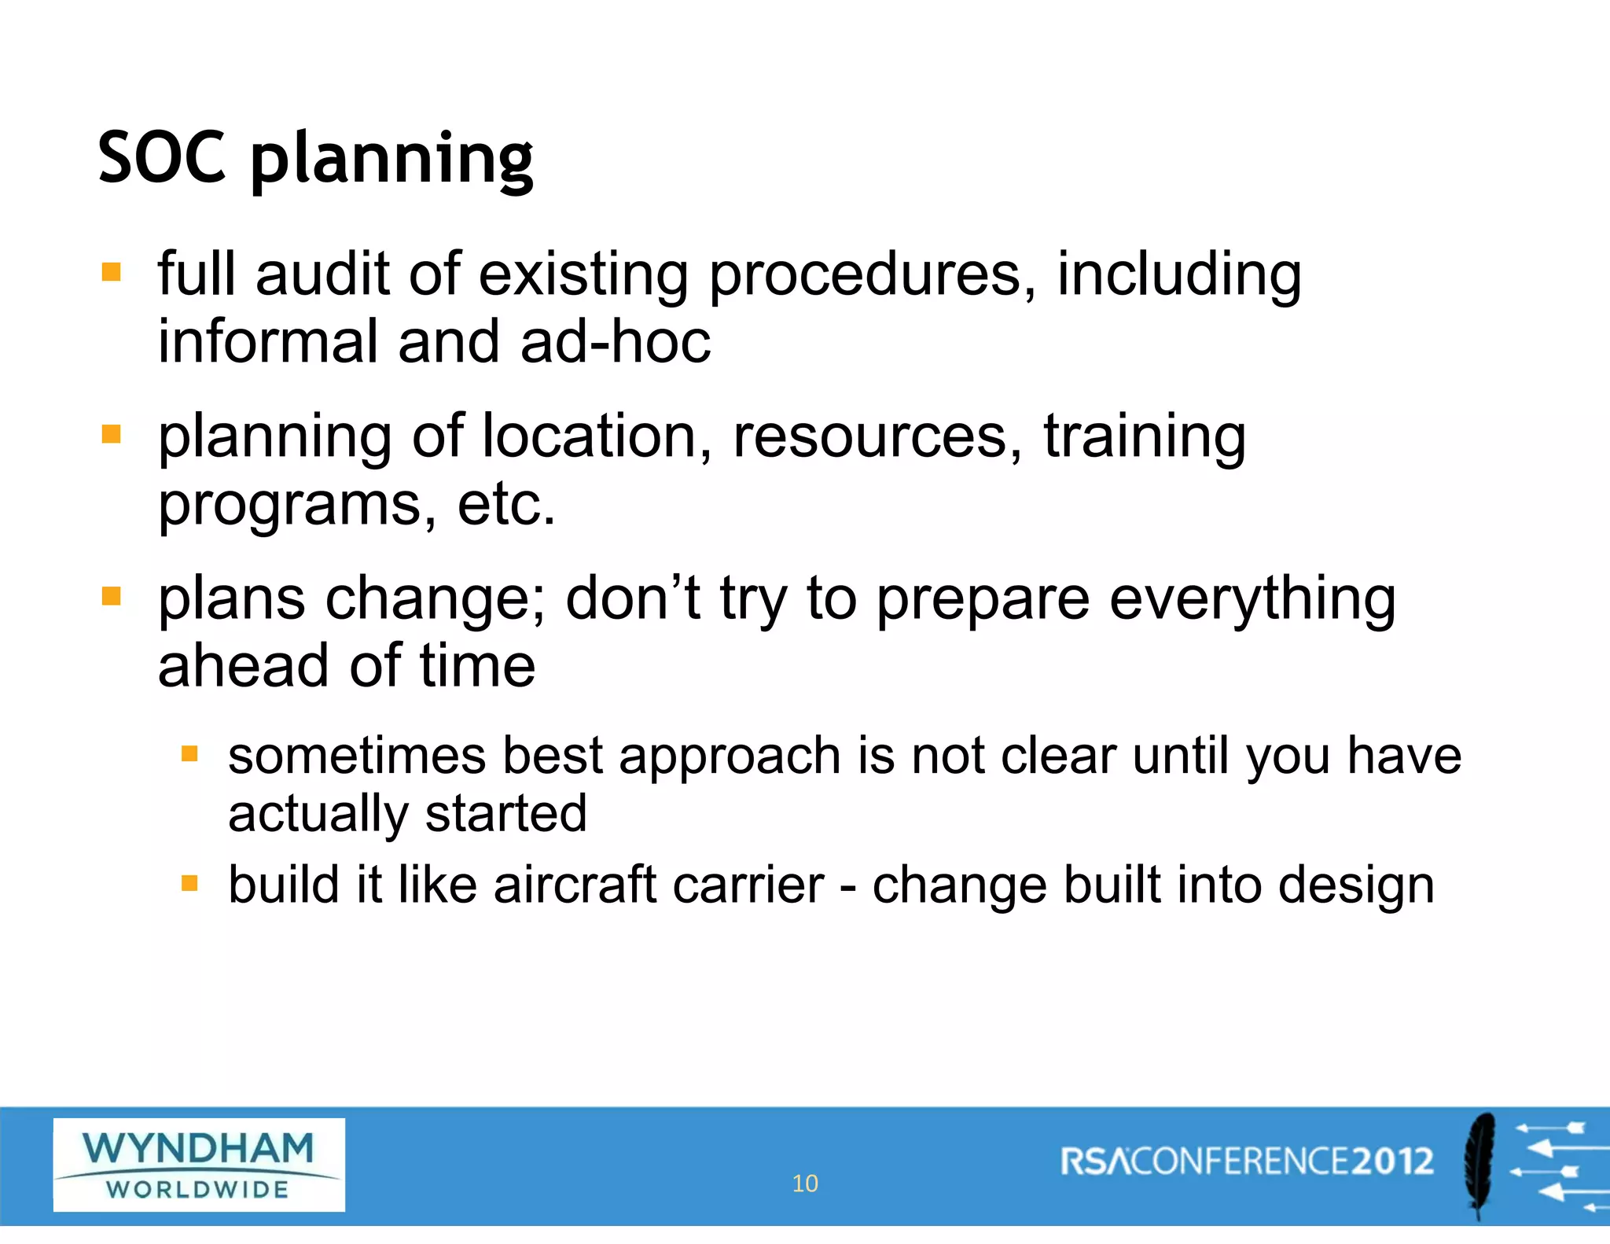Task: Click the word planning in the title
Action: pyautogui.click(x=391, y=160)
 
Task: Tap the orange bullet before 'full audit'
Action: pyautogui.click(x=112, y=272)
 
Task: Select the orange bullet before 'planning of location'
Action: pyautogui.click(x=112, y=434)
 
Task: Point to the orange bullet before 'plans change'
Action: pyautogui.click(x=112, y=596)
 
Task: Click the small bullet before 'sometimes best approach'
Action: pyautogui.click(x=189, y=755)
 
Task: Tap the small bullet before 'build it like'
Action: pyautogui.click(x=189, y=884)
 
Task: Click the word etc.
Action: pyautogui.click(x=506, y=504)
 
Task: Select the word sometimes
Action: pyautogui.click(x=357, y=756)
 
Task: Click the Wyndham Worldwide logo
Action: pyautogui.click(x=199, y=1165)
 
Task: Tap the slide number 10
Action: pyautogui.click(x=805, y=1183)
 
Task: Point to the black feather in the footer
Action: pyautogui.click(x=1480, y=1165)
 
